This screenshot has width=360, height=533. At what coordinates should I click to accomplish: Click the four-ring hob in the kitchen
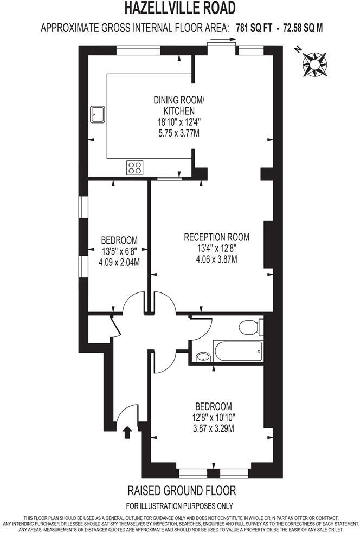pos(135,168)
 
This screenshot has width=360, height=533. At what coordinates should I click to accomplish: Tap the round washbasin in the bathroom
pos(203,356)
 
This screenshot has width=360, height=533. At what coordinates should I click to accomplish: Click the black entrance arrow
pos(128,432)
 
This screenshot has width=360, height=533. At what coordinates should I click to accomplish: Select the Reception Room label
pos(216,237)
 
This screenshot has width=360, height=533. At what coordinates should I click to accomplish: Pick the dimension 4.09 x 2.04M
pos(119,263)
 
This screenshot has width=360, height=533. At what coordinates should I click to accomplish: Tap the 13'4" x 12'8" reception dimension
pos(217,248)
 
